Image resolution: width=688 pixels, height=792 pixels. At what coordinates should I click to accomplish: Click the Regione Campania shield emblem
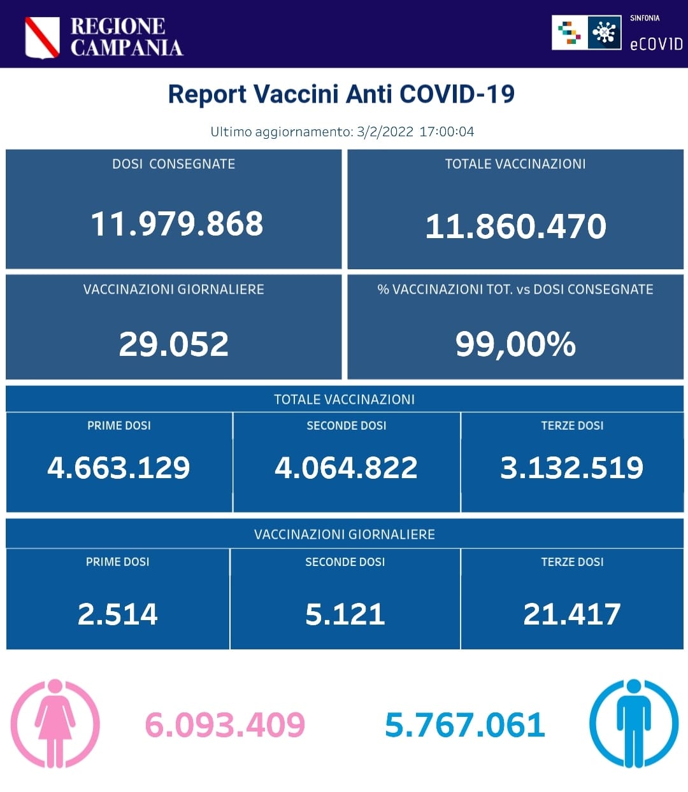42,38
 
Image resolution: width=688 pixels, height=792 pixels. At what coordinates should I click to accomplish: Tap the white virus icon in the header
604,32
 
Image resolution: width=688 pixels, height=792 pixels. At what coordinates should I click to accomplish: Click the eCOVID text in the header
656,44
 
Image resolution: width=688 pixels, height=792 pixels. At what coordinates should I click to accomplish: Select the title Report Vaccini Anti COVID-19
341,94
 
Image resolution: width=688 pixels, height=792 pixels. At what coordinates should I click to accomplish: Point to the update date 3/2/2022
385,132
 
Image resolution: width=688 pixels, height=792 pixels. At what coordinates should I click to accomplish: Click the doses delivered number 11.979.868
176,223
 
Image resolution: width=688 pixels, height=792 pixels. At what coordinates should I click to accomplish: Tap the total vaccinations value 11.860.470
515,226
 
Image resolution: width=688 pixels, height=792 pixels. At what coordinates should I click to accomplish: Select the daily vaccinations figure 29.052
173,344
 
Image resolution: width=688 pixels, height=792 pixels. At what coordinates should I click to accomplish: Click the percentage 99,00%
515,344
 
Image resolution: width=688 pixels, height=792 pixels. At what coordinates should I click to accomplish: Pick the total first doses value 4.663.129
118,467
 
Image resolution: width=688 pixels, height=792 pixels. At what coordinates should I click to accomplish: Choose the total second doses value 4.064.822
346,467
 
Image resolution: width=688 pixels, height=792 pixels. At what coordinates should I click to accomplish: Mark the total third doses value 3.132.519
571,467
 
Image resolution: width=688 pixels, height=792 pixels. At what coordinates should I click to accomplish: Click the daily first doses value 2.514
117,614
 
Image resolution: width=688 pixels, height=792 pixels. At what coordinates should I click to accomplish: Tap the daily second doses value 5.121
345,614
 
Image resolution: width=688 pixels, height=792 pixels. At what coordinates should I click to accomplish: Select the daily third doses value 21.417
571,614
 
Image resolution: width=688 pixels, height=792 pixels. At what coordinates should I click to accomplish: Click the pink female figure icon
55,723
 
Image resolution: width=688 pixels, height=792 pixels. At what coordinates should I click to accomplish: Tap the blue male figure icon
633,723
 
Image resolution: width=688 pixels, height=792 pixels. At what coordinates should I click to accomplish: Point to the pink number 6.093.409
225,725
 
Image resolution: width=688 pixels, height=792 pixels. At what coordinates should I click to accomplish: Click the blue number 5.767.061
465,725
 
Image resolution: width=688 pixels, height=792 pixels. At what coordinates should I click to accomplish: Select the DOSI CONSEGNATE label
173,164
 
